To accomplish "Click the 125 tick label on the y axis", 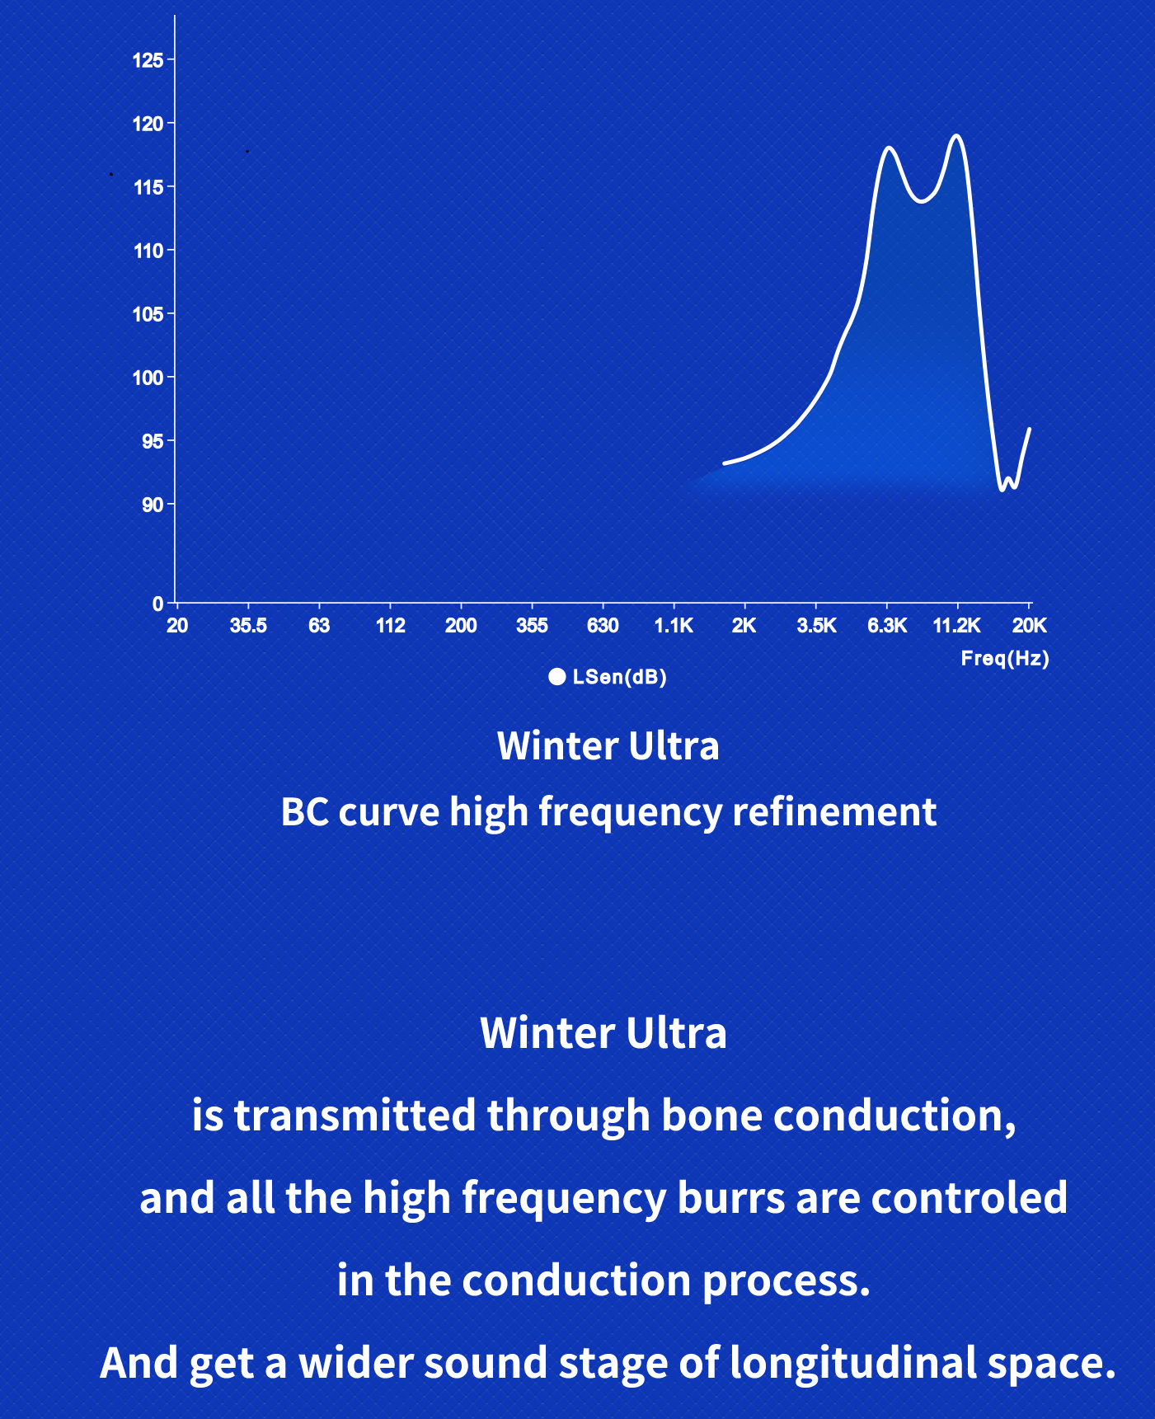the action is [x=148, y=60].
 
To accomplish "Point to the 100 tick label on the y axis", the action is [x=148, y=378].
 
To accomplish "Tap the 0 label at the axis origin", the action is [x=157, y=604].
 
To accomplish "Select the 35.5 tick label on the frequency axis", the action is [x=248, y=626].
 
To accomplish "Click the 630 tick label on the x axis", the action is [x=603, y=626].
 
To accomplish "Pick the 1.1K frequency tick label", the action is [x=674, y=626].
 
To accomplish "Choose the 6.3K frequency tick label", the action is [x=887, y=626].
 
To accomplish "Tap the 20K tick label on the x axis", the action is [x=1030, y=626].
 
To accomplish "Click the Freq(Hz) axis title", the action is [x=1005, y=659].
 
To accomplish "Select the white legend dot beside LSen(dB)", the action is [x=557, y=677].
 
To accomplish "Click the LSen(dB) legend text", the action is [x=619, y=677].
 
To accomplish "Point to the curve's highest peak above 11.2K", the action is [x=956, y=135].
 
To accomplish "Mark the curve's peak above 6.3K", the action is [x=890, y=148].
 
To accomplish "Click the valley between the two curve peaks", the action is [x=922, y=201].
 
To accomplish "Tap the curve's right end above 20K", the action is [x=1029, y=429].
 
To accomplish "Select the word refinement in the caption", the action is [x=834, y=812].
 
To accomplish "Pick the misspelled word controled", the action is [x=970, y=1198].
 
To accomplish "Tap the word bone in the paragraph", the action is [x=711, y=1116].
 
